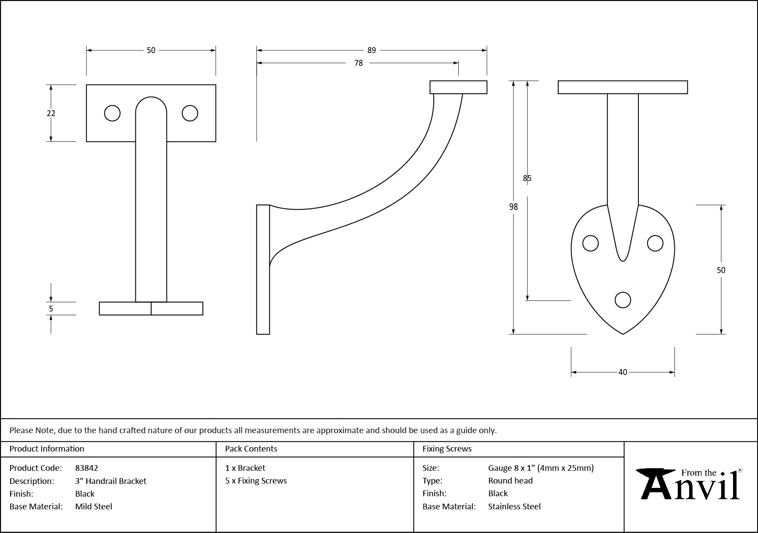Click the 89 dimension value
coord(372,50)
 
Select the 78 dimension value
coord(358,63)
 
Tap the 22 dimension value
coord(51,113)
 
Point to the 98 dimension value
coord(514,207)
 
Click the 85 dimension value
coord(527,178)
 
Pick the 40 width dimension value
coord(623,372)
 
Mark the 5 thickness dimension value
coord(51,309)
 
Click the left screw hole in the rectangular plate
coord(112,113)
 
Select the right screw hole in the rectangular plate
coord(190,113)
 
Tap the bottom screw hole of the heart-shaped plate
coord(623,300)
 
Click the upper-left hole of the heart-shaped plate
coord(591,244)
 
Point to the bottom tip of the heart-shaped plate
coord(623,333)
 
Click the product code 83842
coord(87,468)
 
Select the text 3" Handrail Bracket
coord(111,481)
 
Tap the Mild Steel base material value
coord(94,506)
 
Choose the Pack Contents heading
coord(251,449)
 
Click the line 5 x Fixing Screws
coord(256,480)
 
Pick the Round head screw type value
coord(510,480)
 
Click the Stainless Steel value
coord(514,506)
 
